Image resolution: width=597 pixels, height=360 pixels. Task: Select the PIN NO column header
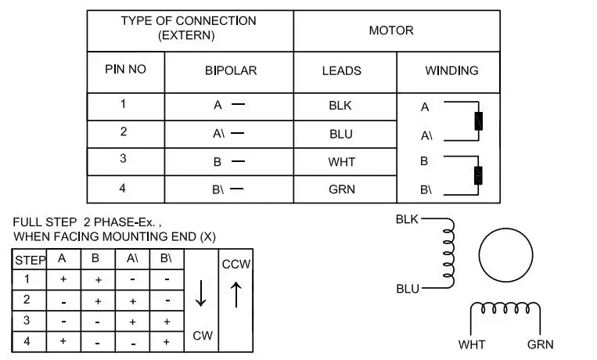coord(125,70)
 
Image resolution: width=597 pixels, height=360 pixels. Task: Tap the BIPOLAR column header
coord(231,70)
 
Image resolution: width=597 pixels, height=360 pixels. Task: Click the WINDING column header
coord(451,70)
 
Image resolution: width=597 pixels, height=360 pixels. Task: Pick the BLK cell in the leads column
coord(340,106)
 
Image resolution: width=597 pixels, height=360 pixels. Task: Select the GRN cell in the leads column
coord(342,189)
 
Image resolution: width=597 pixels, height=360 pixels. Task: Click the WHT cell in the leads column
coord(341,162)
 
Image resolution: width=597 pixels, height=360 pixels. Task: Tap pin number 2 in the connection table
coord(124,131)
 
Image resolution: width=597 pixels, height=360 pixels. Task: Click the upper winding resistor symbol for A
coord(479,121)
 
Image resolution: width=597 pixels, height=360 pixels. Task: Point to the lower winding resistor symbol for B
coord(478,175)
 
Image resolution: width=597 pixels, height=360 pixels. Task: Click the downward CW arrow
coord(200,293)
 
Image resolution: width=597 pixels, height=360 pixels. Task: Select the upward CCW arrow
coord(236,294)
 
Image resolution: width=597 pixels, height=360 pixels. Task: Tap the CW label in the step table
coord(203,336)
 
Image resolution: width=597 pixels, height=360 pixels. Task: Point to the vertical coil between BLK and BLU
coord(449,253)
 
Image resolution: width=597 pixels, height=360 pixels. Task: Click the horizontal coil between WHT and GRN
coord(505,308)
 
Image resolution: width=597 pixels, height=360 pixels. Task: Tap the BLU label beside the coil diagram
coord(408,289)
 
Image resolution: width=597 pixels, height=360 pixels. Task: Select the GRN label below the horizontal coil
coord(540,345)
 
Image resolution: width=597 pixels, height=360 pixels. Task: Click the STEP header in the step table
coord(31,261)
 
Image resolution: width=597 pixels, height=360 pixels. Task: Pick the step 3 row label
coord(27,320)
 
